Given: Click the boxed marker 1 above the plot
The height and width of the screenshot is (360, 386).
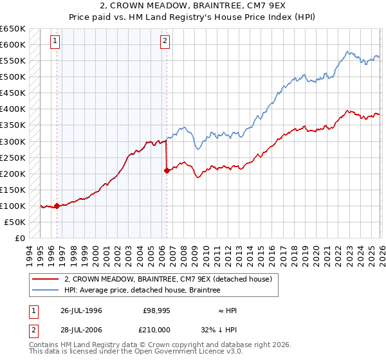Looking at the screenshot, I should [x=55, y=42].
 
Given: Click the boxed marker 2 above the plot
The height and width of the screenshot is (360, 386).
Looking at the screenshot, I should [x=165, y=42].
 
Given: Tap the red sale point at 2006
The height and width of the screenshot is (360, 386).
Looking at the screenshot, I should [x=167, y=170].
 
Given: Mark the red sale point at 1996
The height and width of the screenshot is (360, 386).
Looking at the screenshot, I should [x=57, y=206].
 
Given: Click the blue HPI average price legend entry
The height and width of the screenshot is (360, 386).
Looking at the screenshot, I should [x=142, y=291].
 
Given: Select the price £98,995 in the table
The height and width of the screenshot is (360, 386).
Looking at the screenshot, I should [x=157, y=310].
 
